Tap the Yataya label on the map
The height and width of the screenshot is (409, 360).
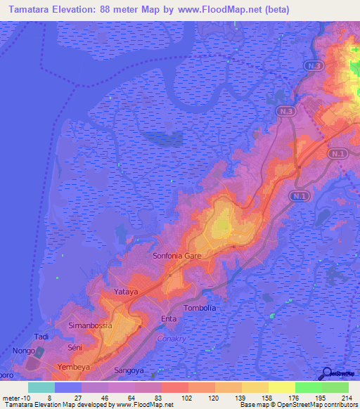[127, 291]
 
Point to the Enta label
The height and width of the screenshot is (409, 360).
[169, 320]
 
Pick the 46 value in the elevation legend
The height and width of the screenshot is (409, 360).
[94, 397]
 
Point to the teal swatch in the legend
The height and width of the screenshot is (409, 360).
[41, 387]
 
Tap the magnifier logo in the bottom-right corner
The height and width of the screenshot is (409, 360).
[327, 374]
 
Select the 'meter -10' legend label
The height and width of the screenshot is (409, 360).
[15, 397]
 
